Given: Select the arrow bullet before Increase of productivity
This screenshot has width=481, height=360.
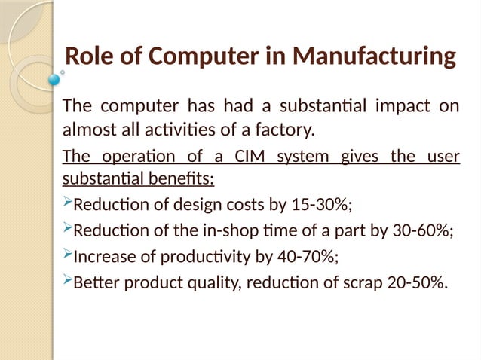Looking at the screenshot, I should coord(66,256).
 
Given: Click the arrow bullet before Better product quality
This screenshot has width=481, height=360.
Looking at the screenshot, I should coord(66,282).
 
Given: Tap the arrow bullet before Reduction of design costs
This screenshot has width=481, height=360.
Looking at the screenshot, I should coord(66,205).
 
